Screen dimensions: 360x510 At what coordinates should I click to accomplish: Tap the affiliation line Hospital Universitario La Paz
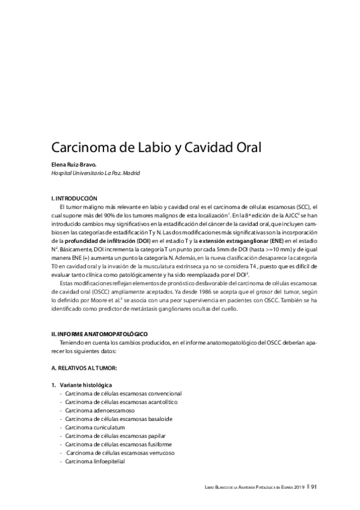click(96, 173)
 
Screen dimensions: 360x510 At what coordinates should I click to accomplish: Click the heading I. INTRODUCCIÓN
click(74, 198)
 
